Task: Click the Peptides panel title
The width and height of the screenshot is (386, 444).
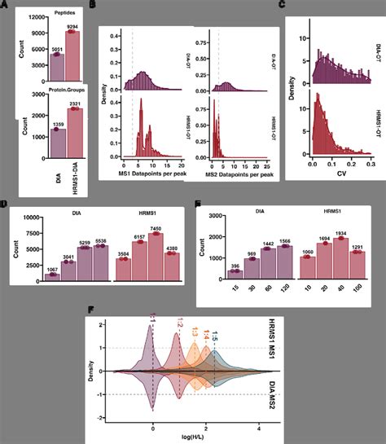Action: point(67,14)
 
